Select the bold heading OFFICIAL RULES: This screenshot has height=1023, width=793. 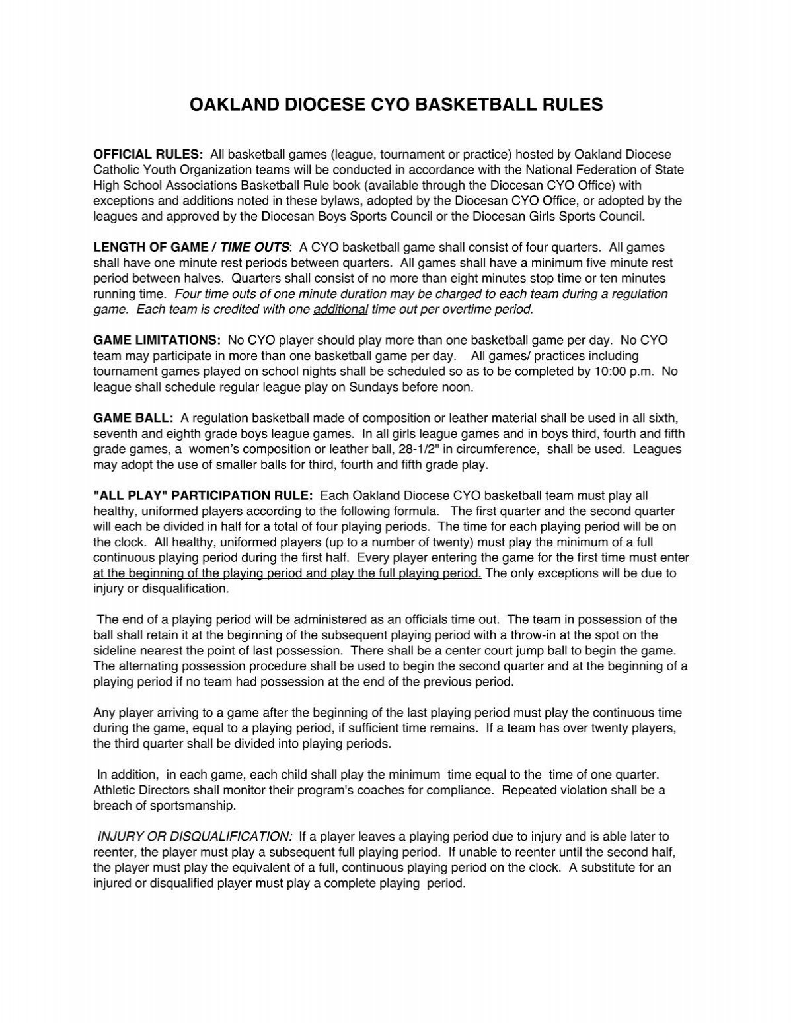click(x=148, y=154)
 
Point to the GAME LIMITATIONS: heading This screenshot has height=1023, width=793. click(x=157, y=340)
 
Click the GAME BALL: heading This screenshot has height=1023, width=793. click(x=133, y=418)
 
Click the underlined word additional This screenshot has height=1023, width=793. click(x=340, y=309)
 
